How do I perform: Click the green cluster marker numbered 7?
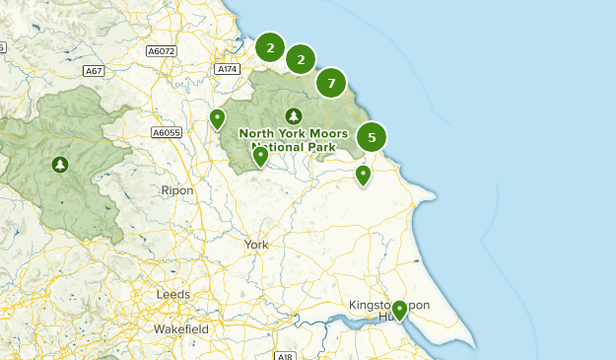click(332, 83)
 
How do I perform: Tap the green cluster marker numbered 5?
click(372, 137)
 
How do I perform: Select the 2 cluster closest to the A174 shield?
click(270, 46)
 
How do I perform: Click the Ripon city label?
click(178, 190)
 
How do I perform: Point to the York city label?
click(256, 245)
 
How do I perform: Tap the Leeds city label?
click(173, 295)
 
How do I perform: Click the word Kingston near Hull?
click(376, 306)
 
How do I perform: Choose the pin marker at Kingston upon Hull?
click(399, 312)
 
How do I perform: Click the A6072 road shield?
click(161, 49)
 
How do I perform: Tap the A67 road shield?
click(95, 71)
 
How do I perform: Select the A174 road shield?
click(228, 69)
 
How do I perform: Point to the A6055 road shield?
click(167, 132)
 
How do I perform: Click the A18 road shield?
click(284, 355)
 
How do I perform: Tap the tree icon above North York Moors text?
click(293, 115)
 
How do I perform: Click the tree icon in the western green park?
click(61, 165)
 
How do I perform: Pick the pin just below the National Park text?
click(260, 156)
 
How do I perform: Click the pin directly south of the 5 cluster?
click(363, 176)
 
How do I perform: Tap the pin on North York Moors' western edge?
click(218, 119)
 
